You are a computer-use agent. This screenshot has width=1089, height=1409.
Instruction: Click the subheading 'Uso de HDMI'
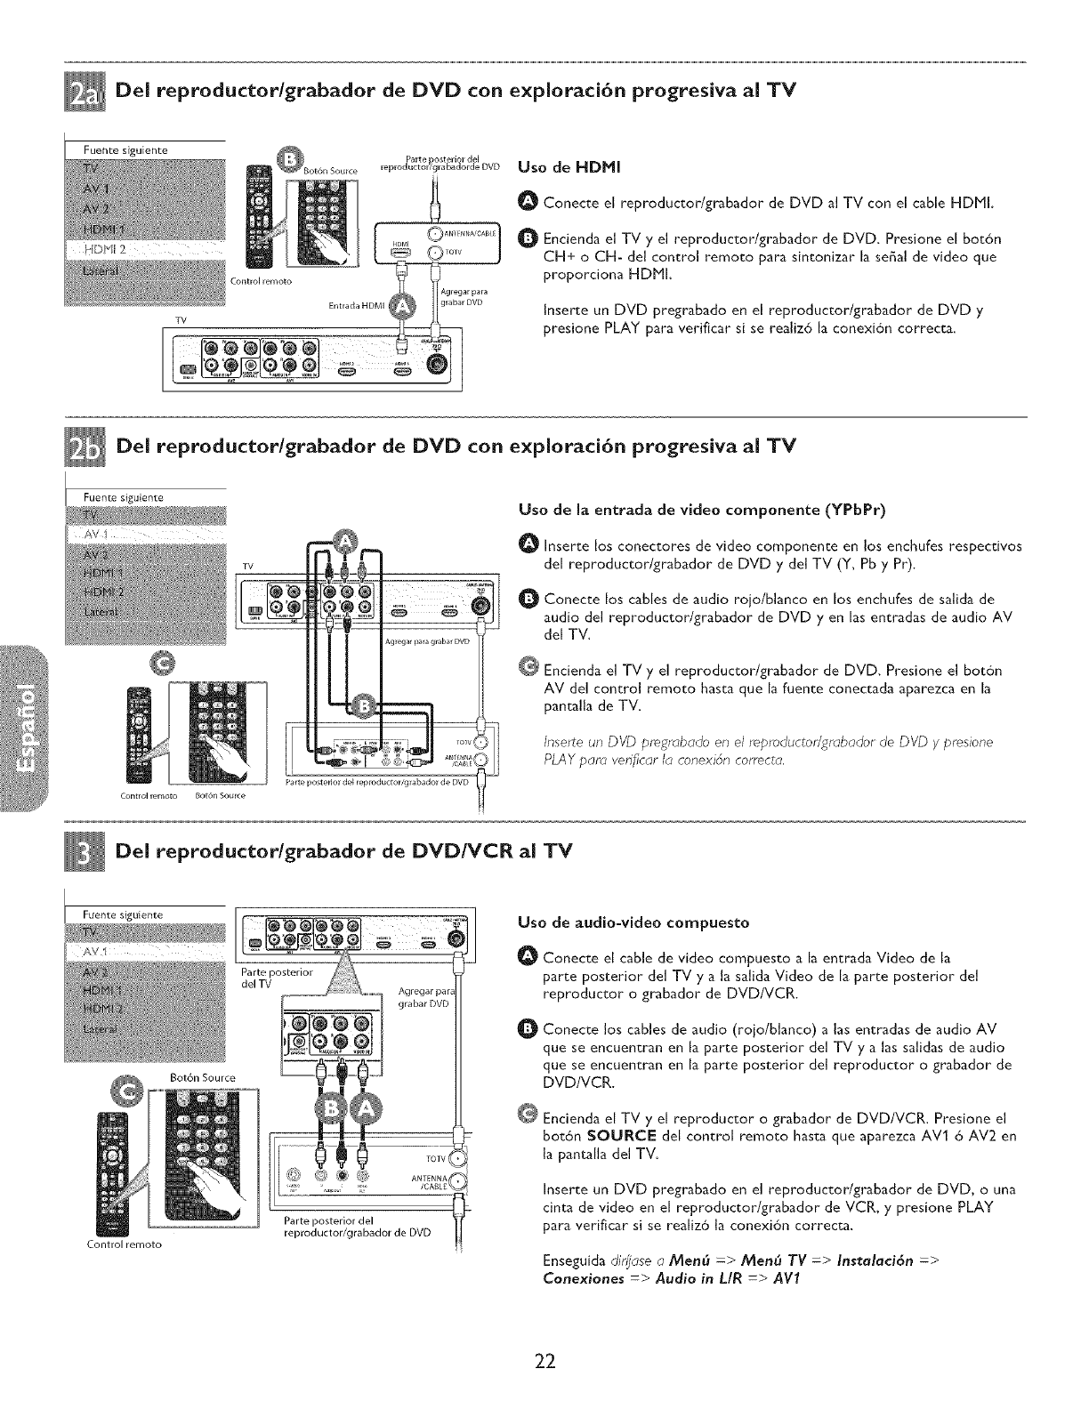tap(561, 166)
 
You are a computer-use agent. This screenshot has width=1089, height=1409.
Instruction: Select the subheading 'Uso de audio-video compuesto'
tap(633, 922)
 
